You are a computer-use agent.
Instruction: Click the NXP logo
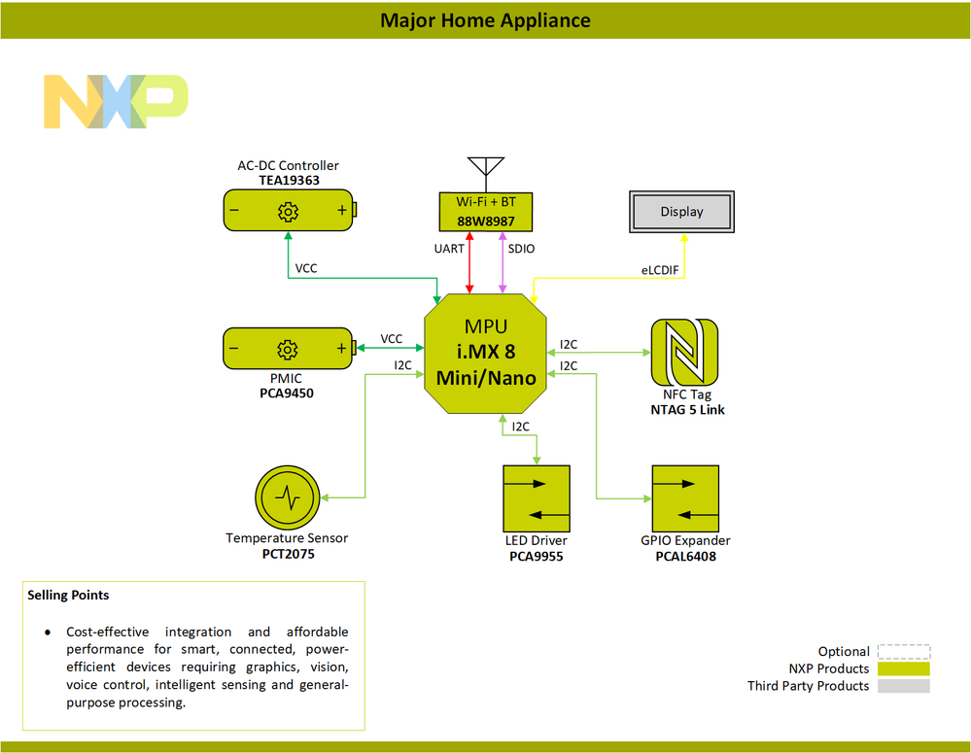click(x=116, y=101)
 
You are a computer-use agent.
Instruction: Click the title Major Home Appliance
click(x=485, y=20)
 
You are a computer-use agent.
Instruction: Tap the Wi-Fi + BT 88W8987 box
click(x=486, y=211)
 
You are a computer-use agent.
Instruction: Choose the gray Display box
click(x=681, y=212)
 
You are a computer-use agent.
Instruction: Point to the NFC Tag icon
click(x=683, y=353)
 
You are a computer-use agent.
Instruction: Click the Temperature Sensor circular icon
click(x=287, y=497)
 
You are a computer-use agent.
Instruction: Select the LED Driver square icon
click(x=536, y=498)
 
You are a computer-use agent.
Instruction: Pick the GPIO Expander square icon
click(x=685, y=498)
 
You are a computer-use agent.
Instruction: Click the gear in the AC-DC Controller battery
click(x=288, y=211)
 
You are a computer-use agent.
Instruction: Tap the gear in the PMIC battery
click(x=288, y=349)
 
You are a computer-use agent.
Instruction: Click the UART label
click(x=449, y=250)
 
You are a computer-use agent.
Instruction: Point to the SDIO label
click(x=521, y=250)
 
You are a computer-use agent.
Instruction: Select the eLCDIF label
click(x=659, y=270)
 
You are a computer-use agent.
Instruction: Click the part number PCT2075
click(x=288, y=555)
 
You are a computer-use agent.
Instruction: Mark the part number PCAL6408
click(x=685, y=557)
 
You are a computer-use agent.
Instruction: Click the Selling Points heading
click(x=68, y=595)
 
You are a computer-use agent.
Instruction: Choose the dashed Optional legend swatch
click(x=903, y=652)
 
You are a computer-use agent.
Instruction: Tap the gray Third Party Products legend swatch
click(x=903, y=686)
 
